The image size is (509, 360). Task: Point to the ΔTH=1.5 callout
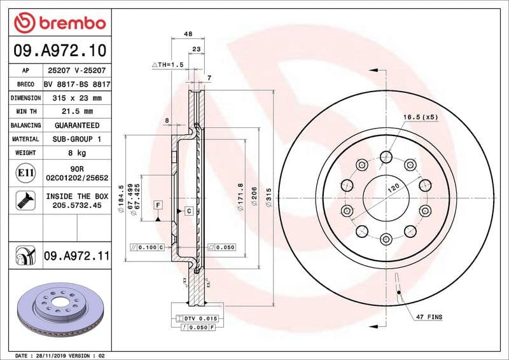coord(168,66)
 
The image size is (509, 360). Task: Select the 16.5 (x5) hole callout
coord(421,118)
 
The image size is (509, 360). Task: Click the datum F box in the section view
coord(157,204)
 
